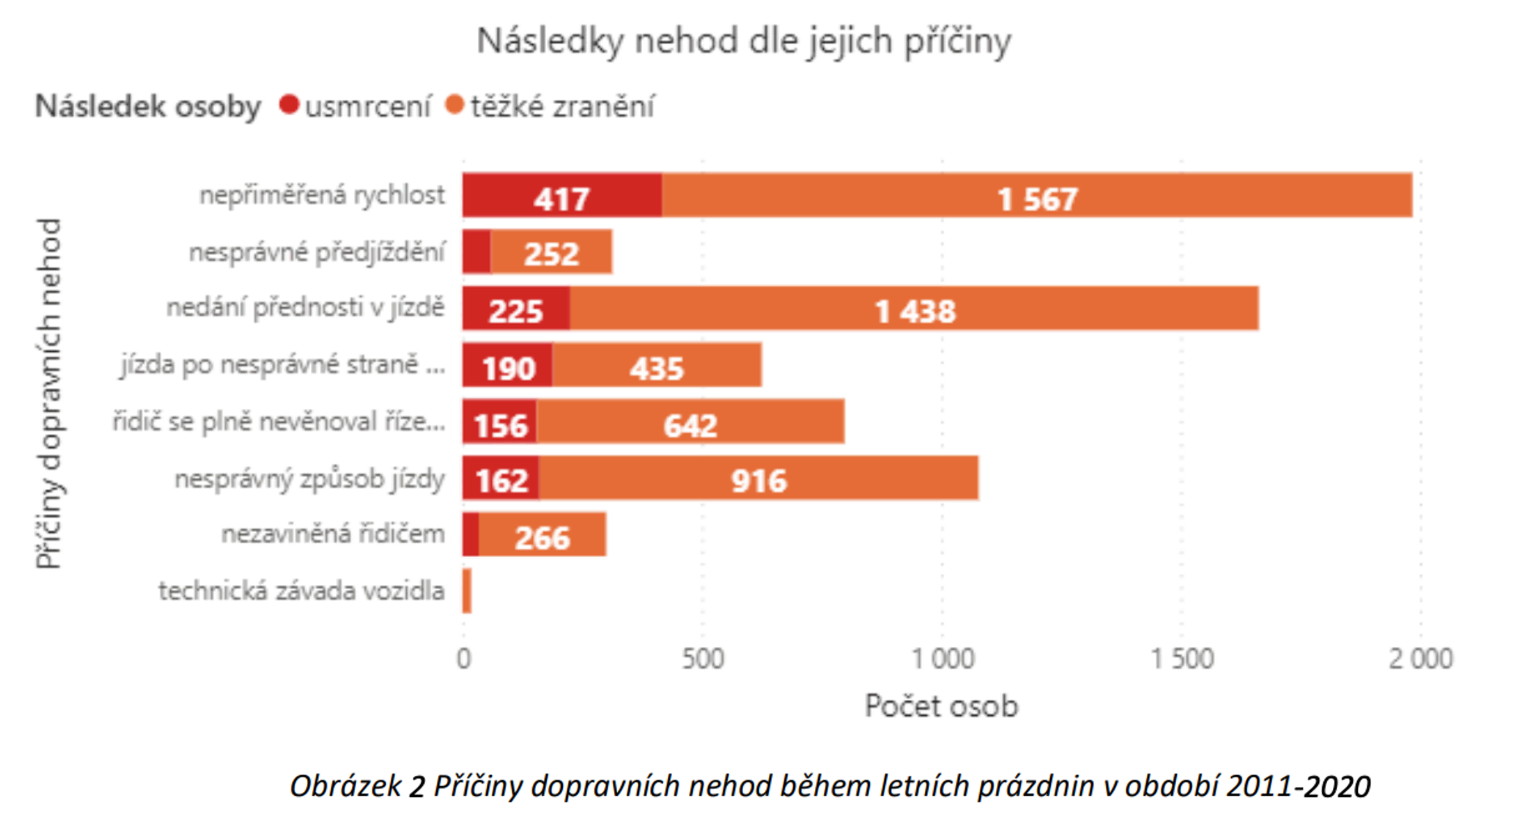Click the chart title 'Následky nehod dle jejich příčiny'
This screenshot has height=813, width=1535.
click(744, 42)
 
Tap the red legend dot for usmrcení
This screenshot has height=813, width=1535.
click(289, 104)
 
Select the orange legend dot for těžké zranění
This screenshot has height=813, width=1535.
click(454, 104)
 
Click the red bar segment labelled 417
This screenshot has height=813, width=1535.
click(562, 196)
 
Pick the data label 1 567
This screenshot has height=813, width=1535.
click(1037, 199)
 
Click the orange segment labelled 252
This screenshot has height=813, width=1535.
click(551, 252)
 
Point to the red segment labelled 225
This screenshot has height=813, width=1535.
click(516, 309)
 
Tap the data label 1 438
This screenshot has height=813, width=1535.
click(915, 311)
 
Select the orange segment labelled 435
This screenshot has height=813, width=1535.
click(657, 366)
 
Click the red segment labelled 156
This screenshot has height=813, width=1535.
click(500, 422)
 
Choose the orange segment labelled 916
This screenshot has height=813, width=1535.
click(759, 479)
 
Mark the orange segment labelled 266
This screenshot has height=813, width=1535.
click(542, 536)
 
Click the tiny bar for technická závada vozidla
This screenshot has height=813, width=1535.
click(467, 591)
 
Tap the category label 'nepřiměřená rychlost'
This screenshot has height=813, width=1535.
click(322, 195)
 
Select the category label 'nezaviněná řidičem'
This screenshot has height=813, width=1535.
click(333, 534)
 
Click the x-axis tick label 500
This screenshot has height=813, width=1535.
click(702, 658)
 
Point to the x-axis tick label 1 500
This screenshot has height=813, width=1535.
click(1181, 658)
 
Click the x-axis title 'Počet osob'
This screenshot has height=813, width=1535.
click(941, 706)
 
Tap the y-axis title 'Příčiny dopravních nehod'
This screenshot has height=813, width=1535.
click(49, 393)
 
